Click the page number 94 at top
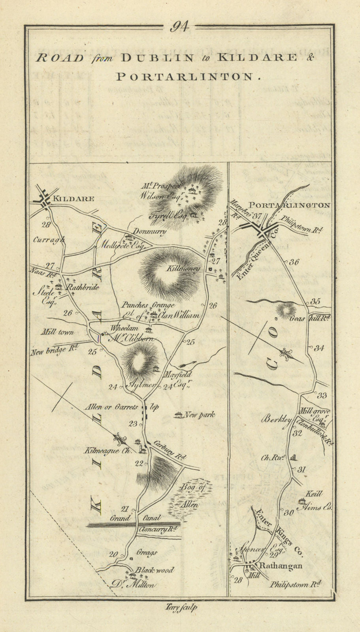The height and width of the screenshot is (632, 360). (179, 27)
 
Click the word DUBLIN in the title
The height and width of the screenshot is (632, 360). (157, 58)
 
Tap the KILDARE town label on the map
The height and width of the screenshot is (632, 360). (75, 199)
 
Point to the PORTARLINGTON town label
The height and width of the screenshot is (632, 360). (288, 205)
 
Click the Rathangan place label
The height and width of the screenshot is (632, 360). (281, 566)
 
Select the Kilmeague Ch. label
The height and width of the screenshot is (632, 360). (107, 450)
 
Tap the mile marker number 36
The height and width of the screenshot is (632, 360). (294, 261)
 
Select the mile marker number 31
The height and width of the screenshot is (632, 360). (302, 470)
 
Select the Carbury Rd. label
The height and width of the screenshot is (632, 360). (170, 450)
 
